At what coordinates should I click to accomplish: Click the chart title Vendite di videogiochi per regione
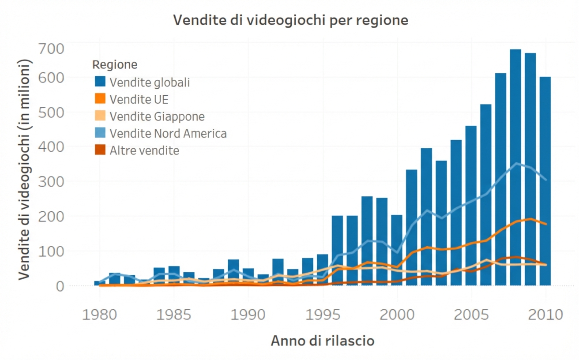coord(290,20)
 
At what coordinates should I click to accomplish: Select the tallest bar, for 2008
coord(515,168)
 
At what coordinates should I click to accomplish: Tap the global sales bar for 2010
coord(545,181)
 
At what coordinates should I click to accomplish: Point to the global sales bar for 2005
coord(471,206)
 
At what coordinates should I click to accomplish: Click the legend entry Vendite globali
coord(150,82)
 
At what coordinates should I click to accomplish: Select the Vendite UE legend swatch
coord(100,99)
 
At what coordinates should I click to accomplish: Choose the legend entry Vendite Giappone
coord(157,116)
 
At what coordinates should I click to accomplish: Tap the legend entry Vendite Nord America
coord(168,133)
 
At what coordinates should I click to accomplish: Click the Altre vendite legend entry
coord(144,150)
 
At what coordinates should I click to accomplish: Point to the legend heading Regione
coord(115,65)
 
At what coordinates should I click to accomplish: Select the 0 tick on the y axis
coord(60,286)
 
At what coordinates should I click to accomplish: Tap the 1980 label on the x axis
coord(99,315)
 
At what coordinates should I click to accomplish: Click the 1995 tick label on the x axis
coord(323,315)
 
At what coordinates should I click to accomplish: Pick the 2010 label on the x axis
coord(546,315)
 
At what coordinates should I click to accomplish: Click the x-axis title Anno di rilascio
coord(323,341)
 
